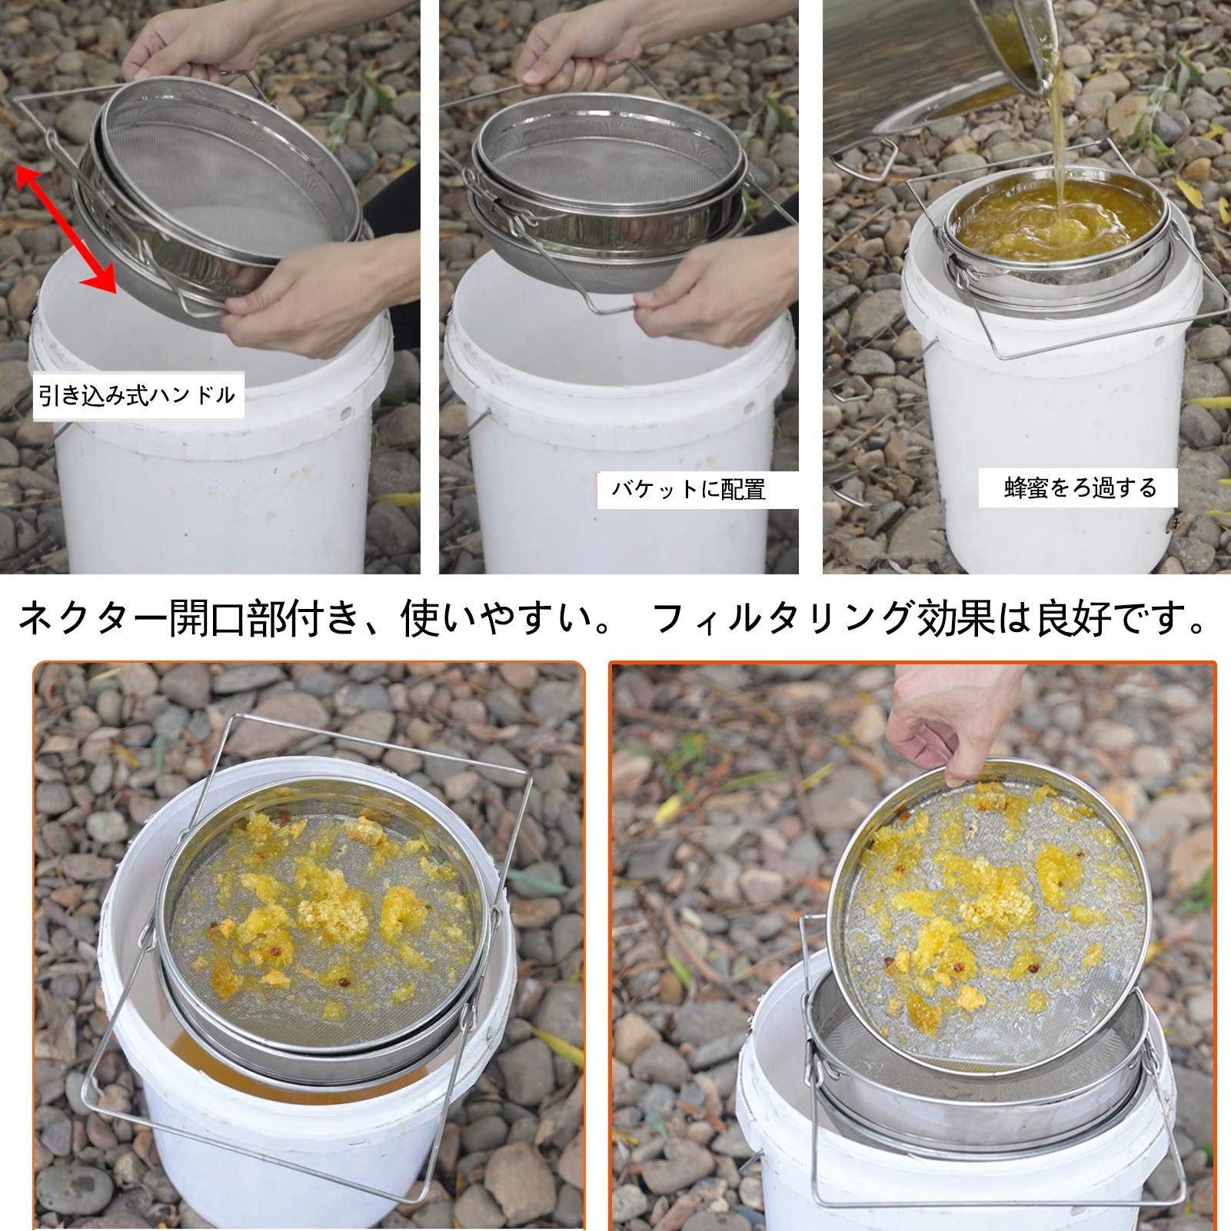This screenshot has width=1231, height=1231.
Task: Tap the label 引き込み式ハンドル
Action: (138, 396)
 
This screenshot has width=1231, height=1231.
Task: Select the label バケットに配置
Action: (689, 490)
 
